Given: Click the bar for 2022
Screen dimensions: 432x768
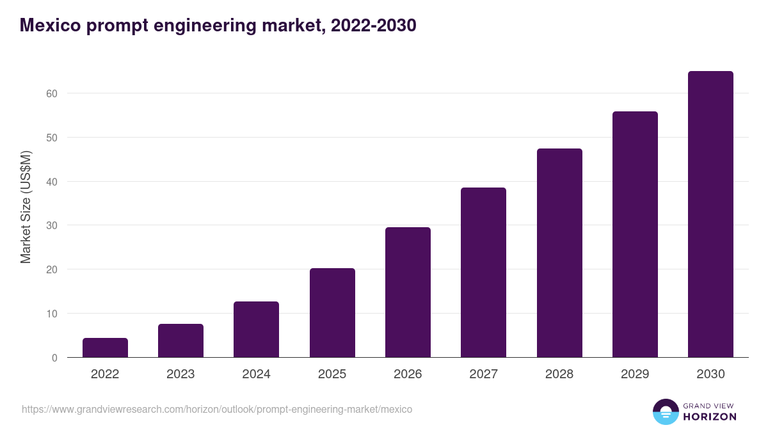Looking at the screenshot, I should click(x=105, y=348).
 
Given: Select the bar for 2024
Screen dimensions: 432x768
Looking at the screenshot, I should click(x=256, y=330).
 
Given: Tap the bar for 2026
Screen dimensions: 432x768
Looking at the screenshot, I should click(x=408, y=292).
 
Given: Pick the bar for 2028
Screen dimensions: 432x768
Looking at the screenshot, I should click(x=559, y=253).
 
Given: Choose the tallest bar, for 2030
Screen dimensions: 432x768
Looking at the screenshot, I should click(x=710, y=214).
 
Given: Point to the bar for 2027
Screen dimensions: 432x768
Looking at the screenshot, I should click(x=483, y=273).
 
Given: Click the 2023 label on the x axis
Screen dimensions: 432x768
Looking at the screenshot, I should click(x=180, y=374).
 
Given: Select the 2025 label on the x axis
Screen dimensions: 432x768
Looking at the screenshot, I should click(x=332, y=374).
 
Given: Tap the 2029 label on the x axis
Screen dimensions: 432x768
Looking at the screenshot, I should click(x=635, y=374).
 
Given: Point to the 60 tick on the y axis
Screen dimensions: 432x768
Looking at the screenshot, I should click(x=52, y=93).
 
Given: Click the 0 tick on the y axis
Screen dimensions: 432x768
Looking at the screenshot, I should click(x=54, y=358).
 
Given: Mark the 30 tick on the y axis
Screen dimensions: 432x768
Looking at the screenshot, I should click(x=52, y=225).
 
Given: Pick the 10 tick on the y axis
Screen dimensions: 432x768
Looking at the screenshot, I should click(x=52, y=314).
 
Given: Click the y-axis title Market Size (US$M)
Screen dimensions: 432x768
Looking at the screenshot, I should click(x=26, y=207).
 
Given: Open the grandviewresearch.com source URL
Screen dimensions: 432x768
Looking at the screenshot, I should click(x=217, y=409).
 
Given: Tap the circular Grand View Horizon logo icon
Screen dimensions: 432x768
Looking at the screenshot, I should click(x=666, y=412).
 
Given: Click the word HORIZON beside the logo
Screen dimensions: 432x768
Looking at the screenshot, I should click(x=710, y=417).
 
